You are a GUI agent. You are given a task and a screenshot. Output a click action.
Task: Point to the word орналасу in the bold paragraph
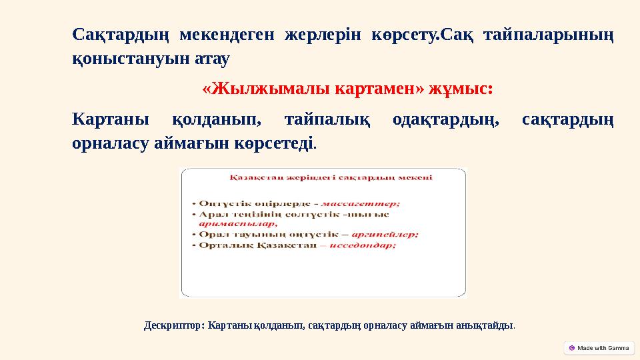111,143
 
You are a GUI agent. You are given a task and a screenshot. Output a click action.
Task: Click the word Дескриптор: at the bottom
175,326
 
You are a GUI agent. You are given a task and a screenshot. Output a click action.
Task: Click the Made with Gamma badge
599,348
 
